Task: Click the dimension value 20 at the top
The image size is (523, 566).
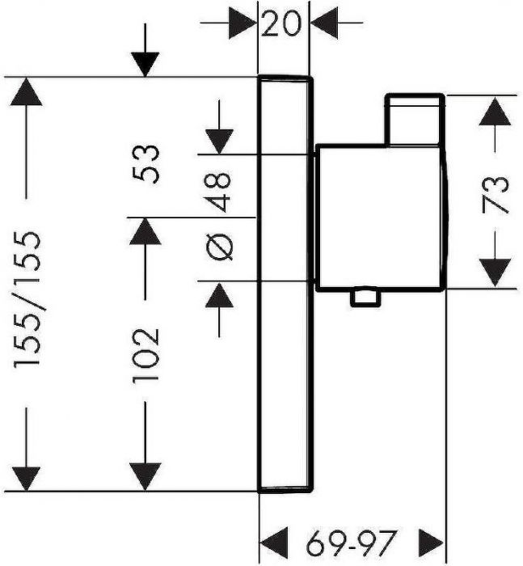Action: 280,23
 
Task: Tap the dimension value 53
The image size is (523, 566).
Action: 146,165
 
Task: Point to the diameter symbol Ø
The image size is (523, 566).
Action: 219,247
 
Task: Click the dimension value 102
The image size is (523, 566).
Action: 146,355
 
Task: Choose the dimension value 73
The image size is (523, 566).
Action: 495,194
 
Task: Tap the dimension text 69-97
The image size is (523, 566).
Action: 352,543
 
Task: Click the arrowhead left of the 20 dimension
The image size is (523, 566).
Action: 243,23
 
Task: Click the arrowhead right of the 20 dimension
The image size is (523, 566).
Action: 324,23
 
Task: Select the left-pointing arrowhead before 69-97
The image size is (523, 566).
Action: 274,543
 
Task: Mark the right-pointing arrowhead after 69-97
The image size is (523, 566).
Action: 431,543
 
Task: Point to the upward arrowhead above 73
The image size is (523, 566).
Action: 495,112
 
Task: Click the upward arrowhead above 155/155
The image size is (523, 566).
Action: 26,91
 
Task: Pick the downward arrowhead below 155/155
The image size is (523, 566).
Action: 26,479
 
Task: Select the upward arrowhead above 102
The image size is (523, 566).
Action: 145,231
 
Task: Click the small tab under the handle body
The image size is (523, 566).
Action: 365,298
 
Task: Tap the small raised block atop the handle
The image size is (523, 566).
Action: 415,120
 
